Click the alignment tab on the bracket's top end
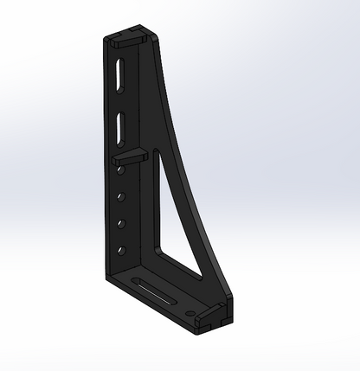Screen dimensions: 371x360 pos(129,39)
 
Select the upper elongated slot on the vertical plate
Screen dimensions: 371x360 pos(118,73)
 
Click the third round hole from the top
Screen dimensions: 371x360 pos(120,223)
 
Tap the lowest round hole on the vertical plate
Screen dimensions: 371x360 pos(120,251)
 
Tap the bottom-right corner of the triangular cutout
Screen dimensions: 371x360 pos(200,274)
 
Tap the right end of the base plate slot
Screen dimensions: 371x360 pos(171,297)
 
